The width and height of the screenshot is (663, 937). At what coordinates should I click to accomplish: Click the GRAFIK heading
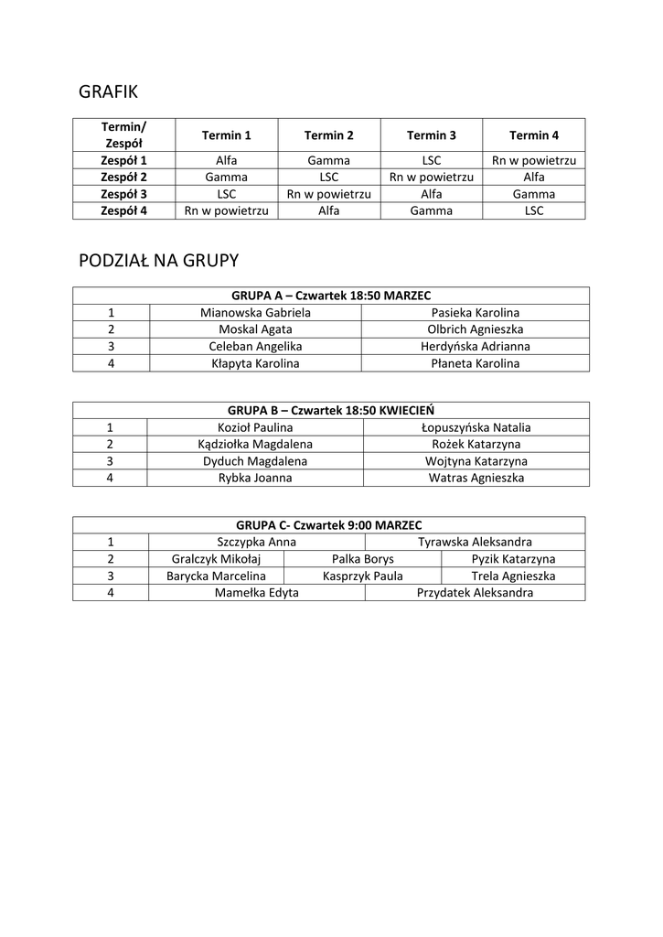click(108, 92)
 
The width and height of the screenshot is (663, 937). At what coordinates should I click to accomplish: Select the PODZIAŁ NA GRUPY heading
click(158, 261)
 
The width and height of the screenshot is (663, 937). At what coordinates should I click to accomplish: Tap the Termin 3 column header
click(432, 135)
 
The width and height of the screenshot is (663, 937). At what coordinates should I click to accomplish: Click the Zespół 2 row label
click(123, 178)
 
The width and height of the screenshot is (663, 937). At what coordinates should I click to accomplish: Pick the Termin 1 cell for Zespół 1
click(227, 161)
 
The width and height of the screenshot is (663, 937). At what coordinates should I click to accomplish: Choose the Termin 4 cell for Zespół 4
click(534, 210)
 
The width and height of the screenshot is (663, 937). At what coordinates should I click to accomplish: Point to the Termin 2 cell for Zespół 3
click(328, 194)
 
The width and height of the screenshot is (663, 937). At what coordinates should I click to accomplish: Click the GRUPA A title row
click(331, 296)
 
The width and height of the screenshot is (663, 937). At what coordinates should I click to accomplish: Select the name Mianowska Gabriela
click(255, 312)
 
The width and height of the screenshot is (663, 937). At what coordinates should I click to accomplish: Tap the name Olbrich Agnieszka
click(475, 329)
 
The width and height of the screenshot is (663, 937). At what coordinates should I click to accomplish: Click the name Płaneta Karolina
click(475, 363)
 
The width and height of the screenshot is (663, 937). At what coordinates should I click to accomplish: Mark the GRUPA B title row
click(331, 410)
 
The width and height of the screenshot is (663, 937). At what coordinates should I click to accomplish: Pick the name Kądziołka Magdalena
click(255, 444)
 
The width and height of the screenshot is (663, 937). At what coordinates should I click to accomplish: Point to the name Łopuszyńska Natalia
click(476, 427)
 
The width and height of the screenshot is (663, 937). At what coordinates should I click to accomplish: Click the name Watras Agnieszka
click(476, 478)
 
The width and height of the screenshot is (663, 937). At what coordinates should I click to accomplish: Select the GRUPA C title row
click(329, 525)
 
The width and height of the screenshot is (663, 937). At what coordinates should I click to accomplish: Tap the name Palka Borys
click(362, 559)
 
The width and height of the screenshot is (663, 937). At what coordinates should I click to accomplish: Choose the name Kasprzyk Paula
click(362, 576)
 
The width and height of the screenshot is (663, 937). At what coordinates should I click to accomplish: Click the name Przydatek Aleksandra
click(475, 593)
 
